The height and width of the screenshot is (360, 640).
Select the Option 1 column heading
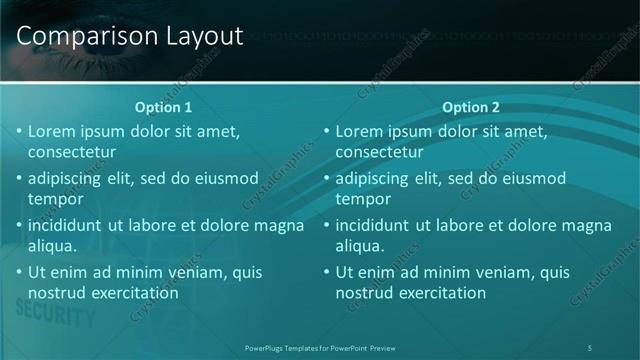[162, 107]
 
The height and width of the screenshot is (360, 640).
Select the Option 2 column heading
[470, 107]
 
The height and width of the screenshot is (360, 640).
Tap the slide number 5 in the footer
[590, 348]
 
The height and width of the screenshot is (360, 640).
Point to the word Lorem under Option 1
[50, 131]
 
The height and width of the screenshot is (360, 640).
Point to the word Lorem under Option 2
[358, 131]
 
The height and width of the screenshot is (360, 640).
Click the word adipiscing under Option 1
[69, 179]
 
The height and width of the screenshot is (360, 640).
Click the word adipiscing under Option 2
[377, 179]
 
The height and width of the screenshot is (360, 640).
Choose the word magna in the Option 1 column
[281, 225]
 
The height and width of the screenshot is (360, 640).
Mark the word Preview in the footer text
[382, 348]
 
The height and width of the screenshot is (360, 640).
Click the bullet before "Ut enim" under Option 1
[18, 272]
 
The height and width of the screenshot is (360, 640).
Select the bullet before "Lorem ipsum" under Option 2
[326, 131]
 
